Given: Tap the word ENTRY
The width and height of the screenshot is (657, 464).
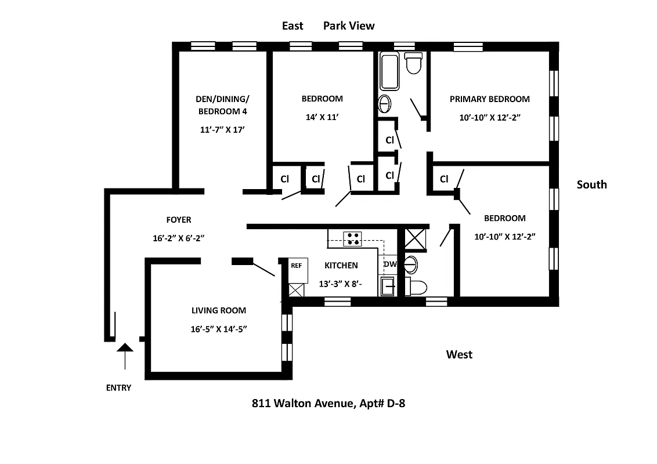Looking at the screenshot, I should coord(118,388).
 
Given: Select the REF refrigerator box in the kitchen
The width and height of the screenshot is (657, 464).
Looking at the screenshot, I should coord(296,266).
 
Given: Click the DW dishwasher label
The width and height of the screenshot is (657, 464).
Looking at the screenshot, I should coord(389,264).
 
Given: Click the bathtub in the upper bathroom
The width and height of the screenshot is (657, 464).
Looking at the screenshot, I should coord(389,71).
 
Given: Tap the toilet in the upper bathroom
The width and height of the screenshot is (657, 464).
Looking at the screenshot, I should coord(413,63).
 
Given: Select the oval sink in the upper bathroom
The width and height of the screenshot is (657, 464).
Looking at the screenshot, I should coord(384,104).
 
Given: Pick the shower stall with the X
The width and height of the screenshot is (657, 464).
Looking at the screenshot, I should coord(416,238).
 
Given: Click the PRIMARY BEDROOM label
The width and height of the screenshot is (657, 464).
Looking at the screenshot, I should coord(489,99).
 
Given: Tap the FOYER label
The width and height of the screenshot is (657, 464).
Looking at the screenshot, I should coord(178,220).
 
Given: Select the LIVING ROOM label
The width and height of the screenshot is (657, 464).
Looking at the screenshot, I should coord(218,310).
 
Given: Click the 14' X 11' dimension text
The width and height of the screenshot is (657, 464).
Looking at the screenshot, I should coord(322,117).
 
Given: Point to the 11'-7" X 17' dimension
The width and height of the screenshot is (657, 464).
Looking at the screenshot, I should coord(222,130).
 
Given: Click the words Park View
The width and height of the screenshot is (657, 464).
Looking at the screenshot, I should coord(349,26).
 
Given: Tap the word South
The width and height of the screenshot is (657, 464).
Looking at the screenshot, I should coord(591,184).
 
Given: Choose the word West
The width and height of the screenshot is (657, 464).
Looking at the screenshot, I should coord(459,354).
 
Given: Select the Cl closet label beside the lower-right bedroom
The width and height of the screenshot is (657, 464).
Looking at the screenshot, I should coord(444,179).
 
